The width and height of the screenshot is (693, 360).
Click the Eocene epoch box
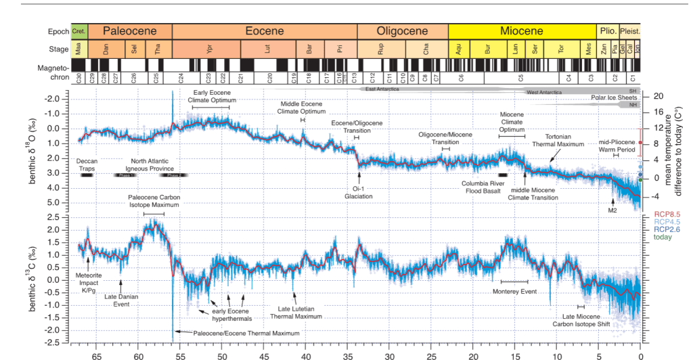[x=264, y=31]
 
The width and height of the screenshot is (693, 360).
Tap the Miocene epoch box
[x=521, y=31]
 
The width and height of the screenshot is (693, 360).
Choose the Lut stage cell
[x=269, y=49]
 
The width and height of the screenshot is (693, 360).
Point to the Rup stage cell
[x=380, y=49]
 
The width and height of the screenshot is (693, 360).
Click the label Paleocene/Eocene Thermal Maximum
[x=246, y=333]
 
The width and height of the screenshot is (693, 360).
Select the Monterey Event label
[x=514, y=291]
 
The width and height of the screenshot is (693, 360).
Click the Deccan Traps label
[x=87, y=164]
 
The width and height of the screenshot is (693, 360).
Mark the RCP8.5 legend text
[x=667, y=215]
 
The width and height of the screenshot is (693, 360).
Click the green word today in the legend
[x=666, y=238]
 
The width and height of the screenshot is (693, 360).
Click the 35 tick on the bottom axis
[x=347, y=354]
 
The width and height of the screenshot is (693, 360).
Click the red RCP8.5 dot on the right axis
[x=640, y=143]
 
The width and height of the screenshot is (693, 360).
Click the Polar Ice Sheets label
[x=610, y=98]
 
